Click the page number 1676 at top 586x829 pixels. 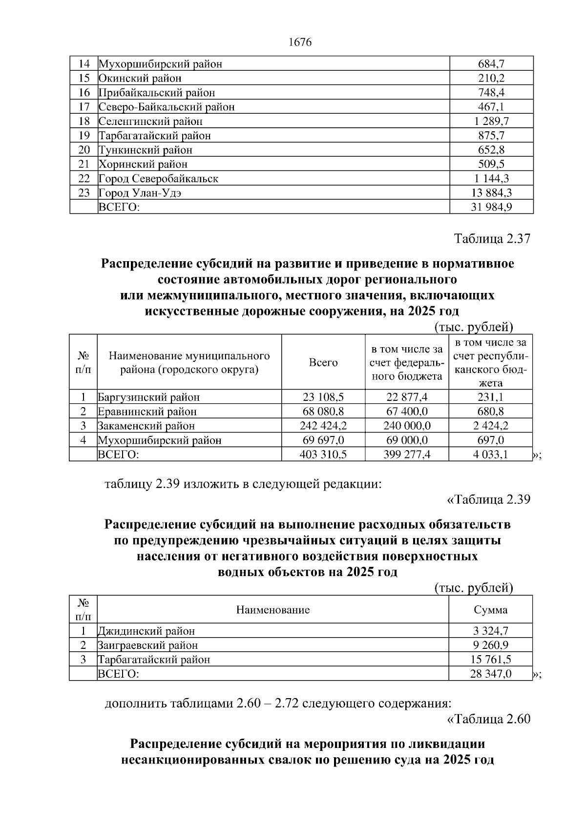(x=300, y=42)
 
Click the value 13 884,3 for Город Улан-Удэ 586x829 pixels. (x=491, y=193)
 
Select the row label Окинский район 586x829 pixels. (x=140, y=78)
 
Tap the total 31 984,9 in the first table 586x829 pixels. (x=491, y=207)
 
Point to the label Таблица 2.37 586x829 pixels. (x=492, y=239)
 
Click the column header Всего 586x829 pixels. (x=323, y=362)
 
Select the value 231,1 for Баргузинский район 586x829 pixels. (x=491, y=397)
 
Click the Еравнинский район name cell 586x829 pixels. (x=147, y=412)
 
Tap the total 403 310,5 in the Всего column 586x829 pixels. (x=323, y=455)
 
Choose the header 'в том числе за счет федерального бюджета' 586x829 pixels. (x=407, y=362)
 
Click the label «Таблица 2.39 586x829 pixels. (x=489, y=499)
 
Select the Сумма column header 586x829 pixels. (x=491, y=610)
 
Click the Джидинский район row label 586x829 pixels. (x=146, y=631)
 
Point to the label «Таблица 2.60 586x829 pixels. (x=489, y=719)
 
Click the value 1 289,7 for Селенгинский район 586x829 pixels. (x=491, y=121)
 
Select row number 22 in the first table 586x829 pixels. (x=84, y=179)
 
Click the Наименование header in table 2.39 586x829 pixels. (x=273, y=610)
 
